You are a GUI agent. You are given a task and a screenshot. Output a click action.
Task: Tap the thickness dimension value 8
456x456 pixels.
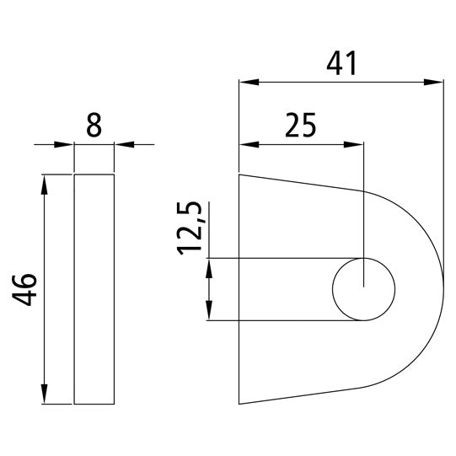(94, 126)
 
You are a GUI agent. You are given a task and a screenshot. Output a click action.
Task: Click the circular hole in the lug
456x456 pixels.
(363, 289)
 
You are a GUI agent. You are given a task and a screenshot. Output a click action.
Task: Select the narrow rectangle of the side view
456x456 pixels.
(94, 289)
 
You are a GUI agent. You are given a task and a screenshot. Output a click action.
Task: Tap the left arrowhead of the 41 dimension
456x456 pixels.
(247, 83)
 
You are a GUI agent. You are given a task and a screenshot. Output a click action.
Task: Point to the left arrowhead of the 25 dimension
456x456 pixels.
(247, 143)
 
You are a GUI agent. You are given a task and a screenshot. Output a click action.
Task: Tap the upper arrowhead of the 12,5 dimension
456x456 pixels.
(207, 266)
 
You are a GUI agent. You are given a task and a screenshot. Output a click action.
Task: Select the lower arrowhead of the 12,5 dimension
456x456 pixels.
(207, 313)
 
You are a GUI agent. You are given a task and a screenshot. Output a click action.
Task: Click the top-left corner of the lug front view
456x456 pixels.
(240, 174)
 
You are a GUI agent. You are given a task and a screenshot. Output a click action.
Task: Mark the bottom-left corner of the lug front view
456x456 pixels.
(240, 404)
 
